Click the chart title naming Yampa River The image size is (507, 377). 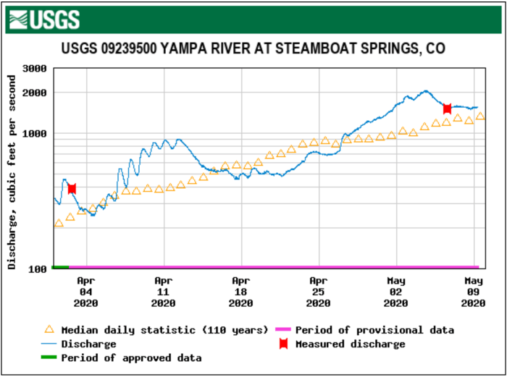(253, 49)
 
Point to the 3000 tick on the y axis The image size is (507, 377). (33, 69)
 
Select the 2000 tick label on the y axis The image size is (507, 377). (33, 93)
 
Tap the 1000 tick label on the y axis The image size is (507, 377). (33, 134)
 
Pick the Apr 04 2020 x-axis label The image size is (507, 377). (85, 292)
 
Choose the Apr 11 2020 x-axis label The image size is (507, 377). (163, 292)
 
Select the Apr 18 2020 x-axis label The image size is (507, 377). (240, 292)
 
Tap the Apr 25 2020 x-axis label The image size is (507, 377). (318, 292)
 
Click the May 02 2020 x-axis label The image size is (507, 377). (395, 292)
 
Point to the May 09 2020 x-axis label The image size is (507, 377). (473, 292)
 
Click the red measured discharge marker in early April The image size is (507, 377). (72, 189)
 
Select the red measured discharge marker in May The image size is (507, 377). (447, 109)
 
